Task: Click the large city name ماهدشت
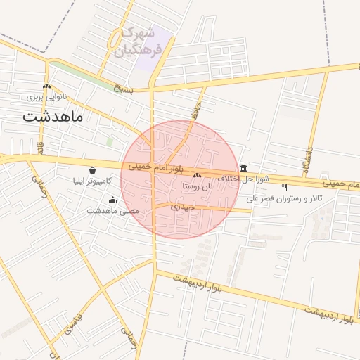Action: click(53, 117)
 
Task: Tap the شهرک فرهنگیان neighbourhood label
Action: click(141, 41)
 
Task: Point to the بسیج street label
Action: click(122, 89)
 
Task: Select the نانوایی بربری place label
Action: click(44, 96)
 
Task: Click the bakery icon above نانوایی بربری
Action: click(46, 86)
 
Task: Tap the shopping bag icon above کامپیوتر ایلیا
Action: click(93, 170)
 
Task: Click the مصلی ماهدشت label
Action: click(113, 210)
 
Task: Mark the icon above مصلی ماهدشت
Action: click(112, 200)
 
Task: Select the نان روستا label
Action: click(197, 186)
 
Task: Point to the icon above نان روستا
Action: click(197, 176)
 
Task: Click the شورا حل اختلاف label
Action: click(242, 179)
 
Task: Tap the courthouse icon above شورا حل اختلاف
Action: click(243, 168)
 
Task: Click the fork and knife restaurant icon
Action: click(285, 188)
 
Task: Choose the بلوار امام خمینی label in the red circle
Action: click(155, 168)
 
